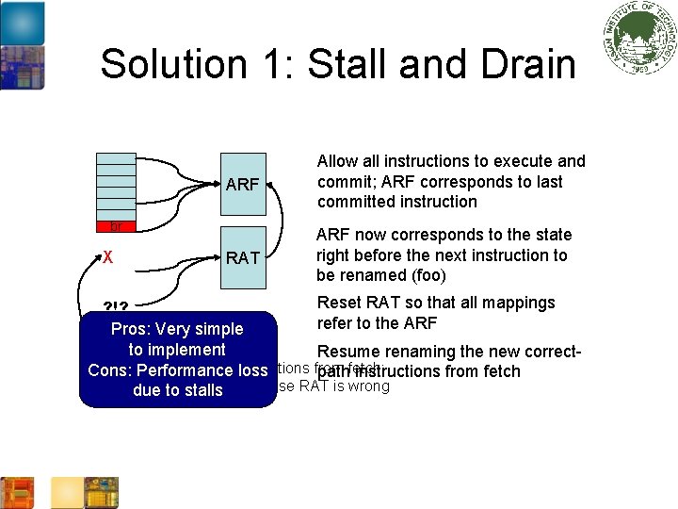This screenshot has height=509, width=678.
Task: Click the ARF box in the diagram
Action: (243, 184)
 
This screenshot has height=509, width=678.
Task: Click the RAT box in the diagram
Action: (243, 256)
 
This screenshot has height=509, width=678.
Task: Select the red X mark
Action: (108, 256)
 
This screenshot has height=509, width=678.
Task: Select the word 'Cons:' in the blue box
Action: (110, 370)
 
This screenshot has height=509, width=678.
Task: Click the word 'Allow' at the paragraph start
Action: (338, 161)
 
